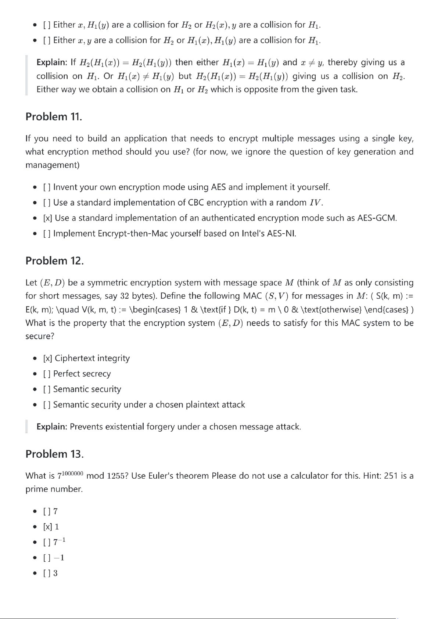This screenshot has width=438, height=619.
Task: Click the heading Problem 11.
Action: [54, 117]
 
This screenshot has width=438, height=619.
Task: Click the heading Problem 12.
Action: [54, 261]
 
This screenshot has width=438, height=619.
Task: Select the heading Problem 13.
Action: [54, 454]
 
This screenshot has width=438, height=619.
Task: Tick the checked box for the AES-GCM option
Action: [47, 218]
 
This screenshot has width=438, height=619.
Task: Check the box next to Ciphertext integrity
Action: [47, 358]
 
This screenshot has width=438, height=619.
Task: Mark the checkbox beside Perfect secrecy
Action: [47, 374]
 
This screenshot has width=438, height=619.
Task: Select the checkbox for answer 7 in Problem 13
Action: [47, 511]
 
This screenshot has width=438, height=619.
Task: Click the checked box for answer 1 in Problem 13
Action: [47, 527]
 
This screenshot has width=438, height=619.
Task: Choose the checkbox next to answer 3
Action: [47, 573]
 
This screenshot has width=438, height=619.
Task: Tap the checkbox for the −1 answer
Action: [47, 558]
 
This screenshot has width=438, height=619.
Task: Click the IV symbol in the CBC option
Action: [315, 203]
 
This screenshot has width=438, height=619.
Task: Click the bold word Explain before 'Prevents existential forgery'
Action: [51, 427]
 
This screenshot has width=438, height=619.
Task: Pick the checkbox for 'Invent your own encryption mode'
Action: [47, 187]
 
